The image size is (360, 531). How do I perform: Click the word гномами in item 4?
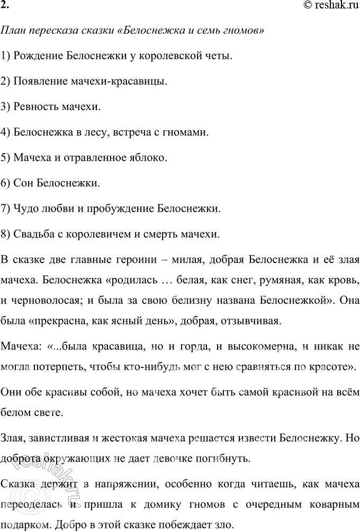[x=187, y=132]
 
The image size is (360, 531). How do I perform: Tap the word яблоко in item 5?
[x=150, y=157]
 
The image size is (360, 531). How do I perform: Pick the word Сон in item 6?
[x=24, y=183]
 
